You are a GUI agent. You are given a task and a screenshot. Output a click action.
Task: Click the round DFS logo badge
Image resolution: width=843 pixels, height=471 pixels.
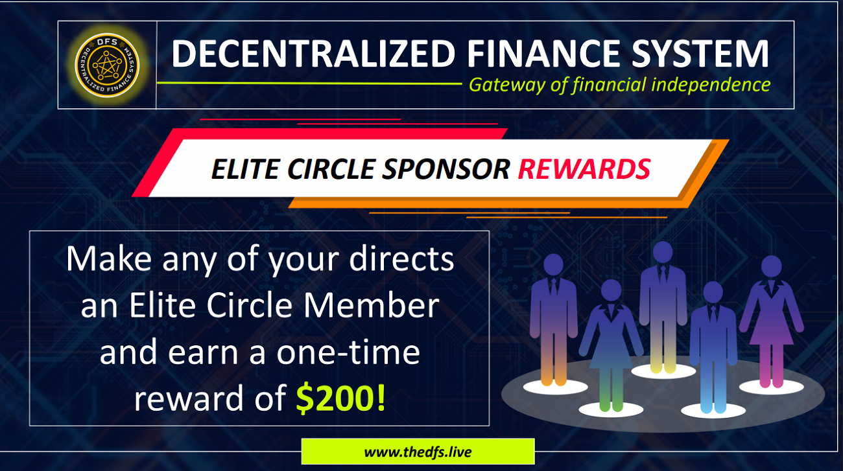[107, 65]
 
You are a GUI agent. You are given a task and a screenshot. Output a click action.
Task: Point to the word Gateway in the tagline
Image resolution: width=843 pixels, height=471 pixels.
[507, 86]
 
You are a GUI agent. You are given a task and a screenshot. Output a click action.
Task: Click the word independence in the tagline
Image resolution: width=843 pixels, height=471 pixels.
[711, 85]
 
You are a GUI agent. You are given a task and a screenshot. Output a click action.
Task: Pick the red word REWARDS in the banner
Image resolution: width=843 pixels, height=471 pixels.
[584, 169]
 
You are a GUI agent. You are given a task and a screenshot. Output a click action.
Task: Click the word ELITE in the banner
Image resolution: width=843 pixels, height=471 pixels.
[245, 169]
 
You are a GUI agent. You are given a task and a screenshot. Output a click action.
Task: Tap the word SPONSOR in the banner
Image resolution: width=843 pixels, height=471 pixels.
[446, 169]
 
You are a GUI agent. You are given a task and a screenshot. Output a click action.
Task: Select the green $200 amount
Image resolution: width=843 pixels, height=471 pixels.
[335, 398]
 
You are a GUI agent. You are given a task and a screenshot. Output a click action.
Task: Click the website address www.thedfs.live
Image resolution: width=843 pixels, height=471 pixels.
[418, 452]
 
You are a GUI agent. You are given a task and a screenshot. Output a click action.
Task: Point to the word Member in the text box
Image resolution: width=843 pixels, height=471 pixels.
[372, 305]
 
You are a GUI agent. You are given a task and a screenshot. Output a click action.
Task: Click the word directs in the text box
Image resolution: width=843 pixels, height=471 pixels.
[401, 258]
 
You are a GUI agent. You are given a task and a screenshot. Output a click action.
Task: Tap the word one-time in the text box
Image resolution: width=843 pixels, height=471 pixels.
[348, 352]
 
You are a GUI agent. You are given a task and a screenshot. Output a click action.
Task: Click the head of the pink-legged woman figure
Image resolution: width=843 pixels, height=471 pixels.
[771, 266]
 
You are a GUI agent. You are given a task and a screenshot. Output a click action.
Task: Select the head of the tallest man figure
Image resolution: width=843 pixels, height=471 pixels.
[663, 252]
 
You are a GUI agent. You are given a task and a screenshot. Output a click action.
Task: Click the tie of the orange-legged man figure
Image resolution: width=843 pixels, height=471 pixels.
[554, 287]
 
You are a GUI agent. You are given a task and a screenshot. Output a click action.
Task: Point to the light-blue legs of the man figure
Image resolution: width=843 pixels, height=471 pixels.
[713, 387]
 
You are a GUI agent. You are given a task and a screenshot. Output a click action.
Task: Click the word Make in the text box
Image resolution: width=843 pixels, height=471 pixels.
[109, 258]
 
